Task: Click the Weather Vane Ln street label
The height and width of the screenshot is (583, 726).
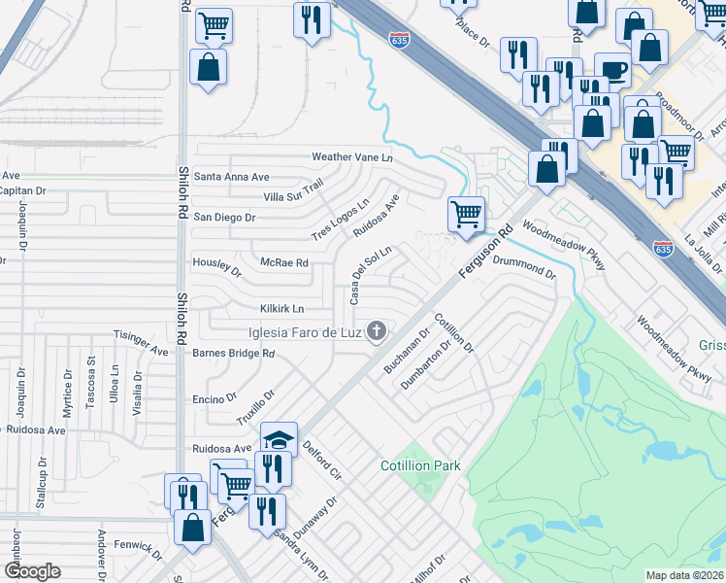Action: pos(351,157)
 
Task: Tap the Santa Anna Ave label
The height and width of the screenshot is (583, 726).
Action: pos(231,177)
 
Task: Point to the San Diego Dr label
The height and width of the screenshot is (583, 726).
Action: pos(224,218)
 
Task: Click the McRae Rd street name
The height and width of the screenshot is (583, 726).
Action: pos(284,262)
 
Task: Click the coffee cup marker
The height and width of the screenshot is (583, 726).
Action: pos(611,70)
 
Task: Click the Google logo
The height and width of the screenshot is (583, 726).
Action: pos(32,571)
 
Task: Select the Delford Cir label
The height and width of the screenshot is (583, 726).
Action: pos(322,460)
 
